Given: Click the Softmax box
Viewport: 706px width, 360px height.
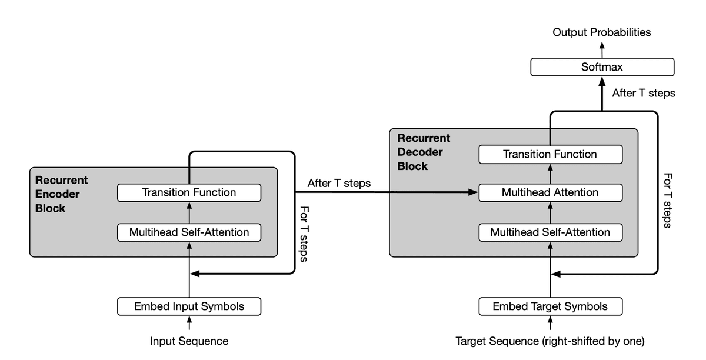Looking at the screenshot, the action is pos(602,67).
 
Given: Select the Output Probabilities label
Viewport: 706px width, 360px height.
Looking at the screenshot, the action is pos(602,32).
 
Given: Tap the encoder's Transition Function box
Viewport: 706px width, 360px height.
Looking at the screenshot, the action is pos(189,192).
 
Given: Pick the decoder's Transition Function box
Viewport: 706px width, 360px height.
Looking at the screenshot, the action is pos(550,154).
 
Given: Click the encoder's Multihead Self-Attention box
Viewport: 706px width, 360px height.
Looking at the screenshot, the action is pos(189,232).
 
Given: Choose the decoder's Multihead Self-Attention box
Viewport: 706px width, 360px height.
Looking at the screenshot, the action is pos(550,232).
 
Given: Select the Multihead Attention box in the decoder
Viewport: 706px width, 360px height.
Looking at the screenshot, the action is pos(550,192).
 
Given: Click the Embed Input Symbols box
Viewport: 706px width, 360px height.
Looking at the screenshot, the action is pos(189,306).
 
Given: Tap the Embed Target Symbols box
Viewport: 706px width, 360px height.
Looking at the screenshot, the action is pos(550,306).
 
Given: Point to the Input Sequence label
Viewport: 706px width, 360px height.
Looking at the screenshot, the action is pos(189,341).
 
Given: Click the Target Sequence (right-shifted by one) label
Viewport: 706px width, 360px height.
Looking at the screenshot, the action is pos(550,341).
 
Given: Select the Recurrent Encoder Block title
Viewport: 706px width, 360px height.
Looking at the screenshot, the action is pos(61,194).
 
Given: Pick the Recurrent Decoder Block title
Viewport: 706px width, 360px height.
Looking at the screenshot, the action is pos(424,152).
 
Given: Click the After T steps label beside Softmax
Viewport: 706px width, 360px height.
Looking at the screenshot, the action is pos(644,93).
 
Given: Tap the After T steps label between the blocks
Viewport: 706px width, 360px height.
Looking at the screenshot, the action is pos(339,183).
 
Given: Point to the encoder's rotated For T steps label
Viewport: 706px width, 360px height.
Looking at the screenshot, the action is pos(304,234).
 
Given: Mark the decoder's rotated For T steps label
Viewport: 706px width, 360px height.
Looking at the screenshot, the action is pos(668,201).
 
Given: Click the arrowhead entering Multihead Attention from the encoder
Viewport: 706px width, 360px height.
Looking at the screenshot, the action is pos(473,192).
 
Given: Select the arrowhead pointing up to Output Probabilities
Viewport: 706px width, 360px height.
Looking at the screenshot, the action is pos(602,45).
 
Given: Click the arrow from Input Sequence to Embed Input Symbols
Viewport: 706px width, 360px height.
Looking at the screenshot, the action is pos(189,323).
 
